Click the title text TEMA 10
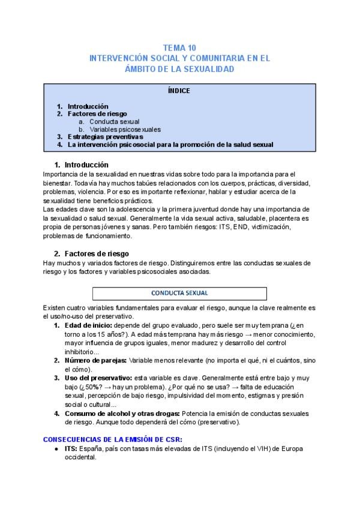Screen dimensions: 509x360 click(x=179, y=47)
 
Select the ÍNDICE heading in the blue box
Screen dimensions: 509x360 click(x=179, y=91)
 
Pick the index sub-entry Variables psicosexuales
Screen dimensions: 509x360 click(x=125, y=129)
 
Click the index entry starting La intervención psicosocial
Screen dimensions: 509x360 click(x=170, y=145)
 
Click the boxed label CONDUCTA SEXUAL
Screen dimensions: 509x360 click(x=179, y=293)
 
